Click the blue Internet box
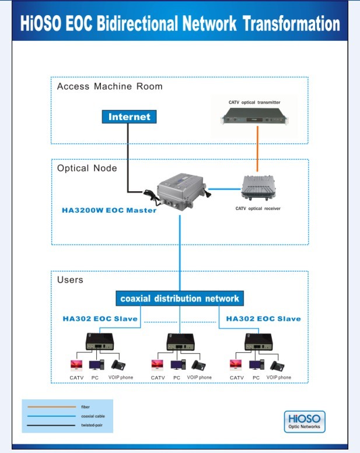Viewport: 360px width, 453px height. click(x=129, y=117)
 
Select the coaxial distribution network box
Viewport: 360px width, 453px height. click(x=180, y=299)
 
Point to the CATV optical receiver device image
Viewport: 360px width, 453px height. click(x=257, y=188)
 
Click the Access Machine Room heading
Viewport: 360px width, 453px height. click(x=110, y=86)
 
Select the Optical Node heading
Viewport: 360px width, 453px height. click(x=87, y=168)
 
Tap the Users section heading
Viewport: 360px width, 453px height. click(x=70, y=280)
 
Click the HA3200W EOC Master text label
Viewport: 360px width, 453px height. click(x=109, y=210)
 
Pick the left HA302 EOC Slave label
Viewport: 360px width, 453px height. click(x=100, y=318)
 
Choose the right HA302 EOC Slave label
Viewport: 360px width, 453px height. click(x=263, y=318)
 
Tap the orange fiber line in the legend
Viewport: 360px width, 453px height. click(x=50, y=407)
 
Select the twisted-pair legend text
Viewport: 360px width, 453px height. click(x=92, y=426)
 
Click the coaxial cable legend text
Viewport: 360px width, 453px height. click(x=93, y=416)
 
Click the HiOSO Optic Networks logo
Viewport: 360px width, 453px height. click(x=304, y=422)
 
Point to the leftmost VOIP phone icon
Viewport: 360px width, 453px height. click(x=119, y=366)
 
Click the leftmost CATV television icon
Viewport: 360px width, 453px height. click(x=76, y=366)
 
